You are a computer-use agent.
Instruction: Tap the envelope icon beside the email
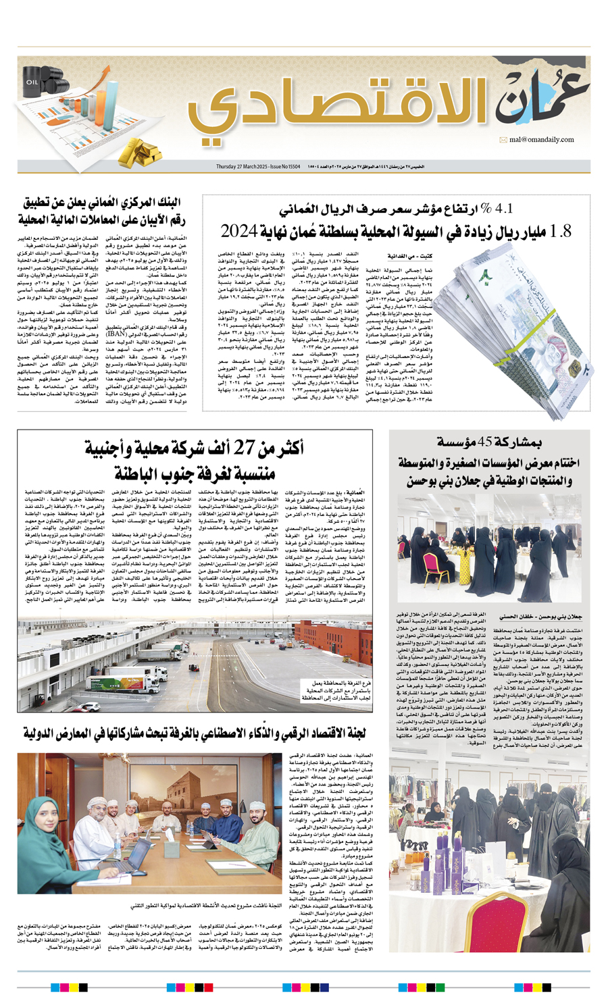tap(503, 140)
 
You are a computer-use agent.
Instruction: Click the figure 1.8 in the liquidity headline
tap(561, 232)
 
